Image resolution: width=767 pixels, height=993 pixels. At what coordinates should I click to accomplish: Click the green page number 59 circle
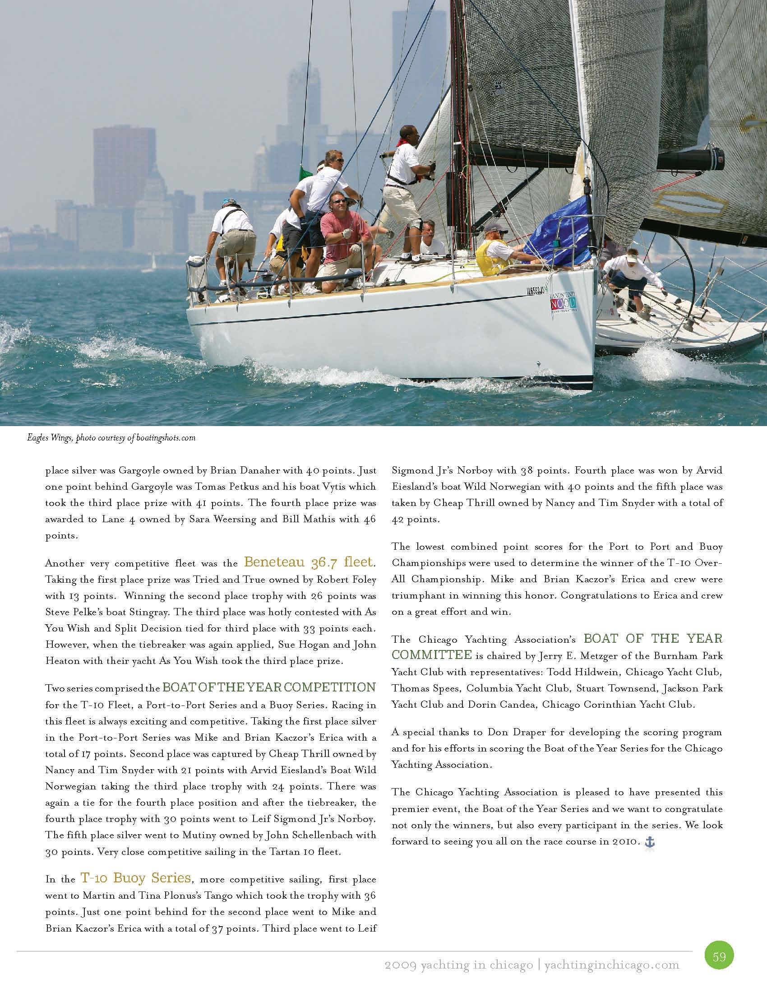pyautogui.click(x=719, y=955)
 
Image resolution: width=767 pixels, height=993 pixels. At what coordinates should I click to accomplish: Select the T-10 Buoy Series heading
pyautogui.click(x=135, y=877)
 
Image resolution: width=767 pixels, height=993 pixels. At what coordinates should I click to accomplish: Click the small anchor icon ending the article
pyautogui.click(x=650, y=842)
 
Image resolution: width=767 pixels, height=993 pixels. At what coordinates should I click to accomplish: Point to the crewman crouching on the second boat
pyautogui.click(x=631, y=273)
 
